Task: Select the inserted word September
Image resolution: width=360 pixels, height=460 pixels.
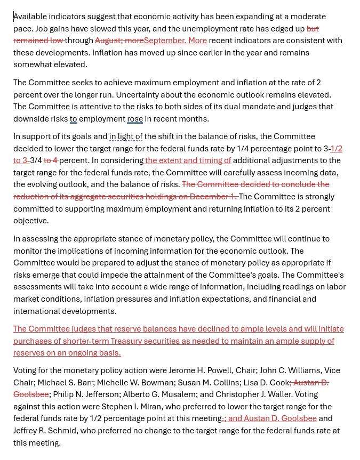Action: tap(164, 41)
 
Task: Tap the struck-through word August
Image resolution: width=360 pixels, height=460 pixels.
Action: tap(109, 41)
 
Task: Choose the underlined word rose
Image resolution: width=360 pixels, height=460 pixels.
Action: tap(135, 119)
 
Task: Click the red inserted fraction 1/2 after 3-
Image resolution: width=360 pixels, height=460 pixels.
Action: tap(337, 149)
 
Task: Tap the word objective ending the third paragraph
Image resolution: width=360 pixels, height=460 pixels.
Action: tap(31, 221)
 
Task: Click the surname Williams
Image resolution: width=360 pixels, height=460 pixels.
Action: tap(301, 370)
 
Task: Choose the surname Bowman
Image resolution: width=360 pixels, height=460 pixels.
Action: tap(146, 383)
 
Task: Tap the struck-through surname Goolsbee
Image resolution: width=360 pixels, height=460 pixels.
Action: tap(31, 394)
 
